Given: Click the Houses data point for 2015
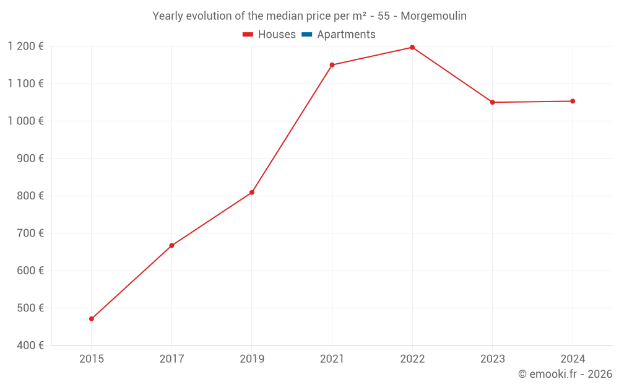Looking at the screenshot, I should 92,319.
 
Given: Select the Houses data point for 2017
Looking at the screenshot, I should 171,246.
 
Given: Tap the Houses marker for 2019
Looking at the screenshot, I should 252,193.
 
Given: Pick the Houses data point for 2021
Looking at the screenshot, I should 332,65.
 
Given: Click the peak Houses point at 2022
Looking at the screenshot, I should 412,48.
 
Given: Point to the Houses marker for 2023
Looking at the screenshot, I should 493,102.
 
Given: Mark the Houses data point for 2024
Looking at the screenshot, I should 573,101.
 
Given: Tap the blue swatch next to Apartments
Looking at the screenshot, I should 307,35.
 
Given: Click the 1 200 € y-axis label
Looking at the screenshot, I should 25,46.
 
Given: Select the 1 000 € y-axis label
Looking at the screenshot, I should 25,121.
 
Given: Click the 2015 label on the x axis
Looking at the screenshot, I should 92,359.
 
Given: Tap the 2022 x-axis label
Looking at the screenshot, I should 412,359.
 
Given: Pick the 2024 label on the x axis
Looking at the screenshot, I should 573,359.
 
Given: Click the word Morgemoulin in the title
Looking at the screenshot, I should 433,16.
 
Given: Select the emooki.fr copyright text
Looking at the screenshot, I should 565,374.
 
